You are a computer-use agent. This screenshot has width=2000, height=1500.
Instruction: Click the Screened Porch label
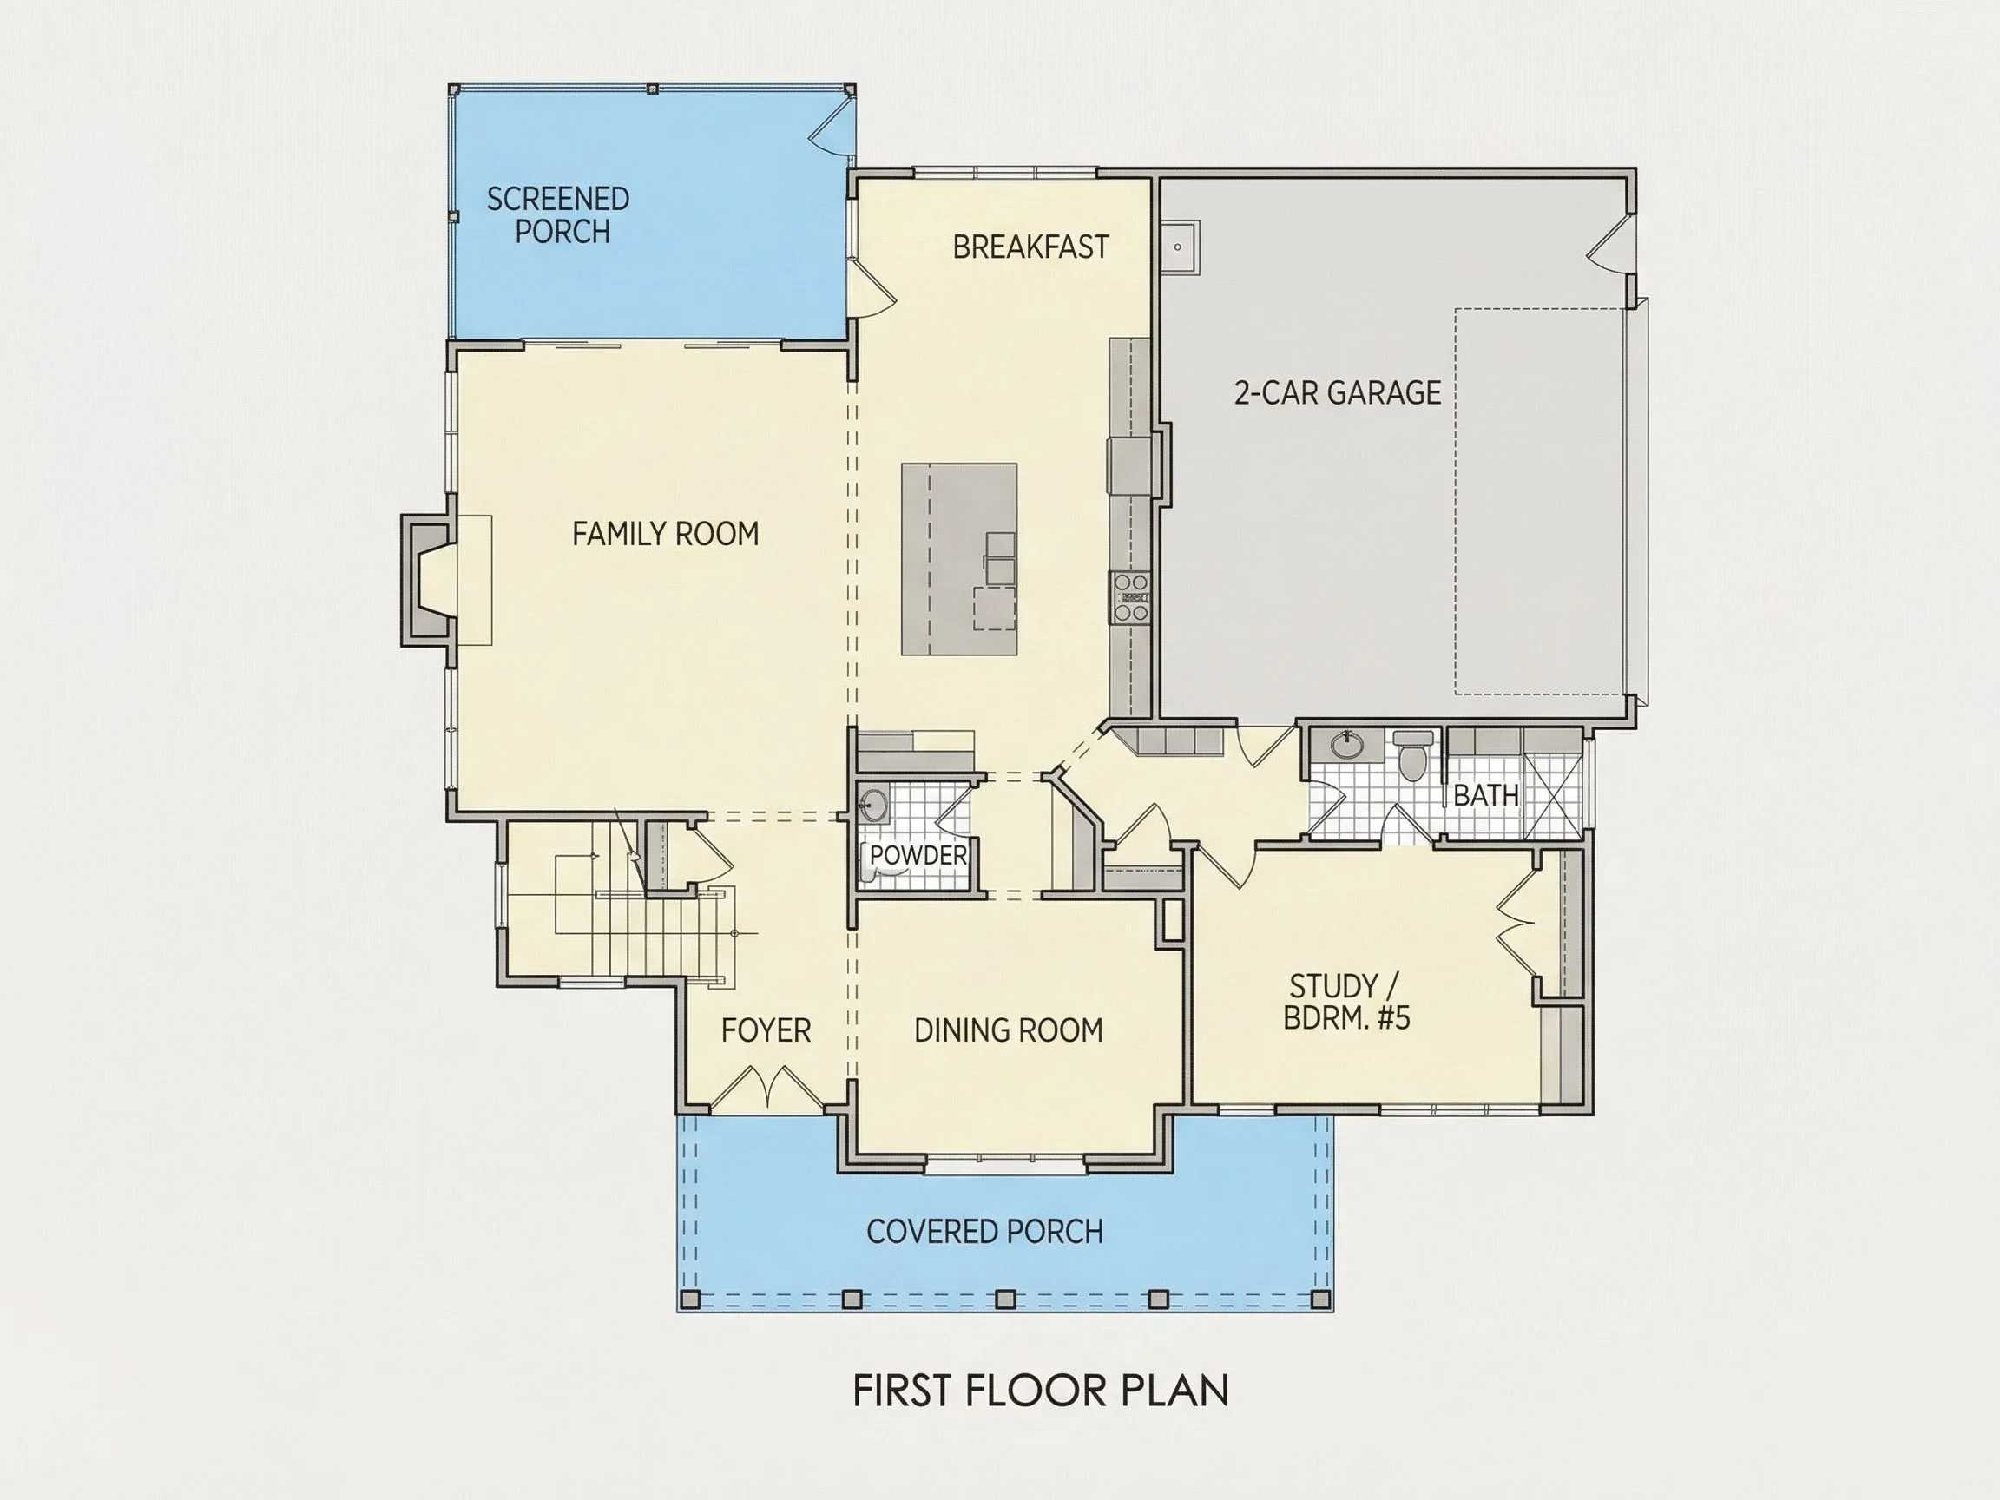click(558, 215)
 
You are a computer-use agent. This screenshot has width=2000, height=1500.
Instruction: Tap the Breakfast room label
click(1030, 247)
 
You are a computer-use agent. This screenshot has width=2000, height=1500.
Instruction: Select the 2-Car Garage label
click(1339, 392)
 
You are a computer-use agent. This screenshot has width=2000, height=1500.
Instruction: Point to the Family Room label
click(666, 534)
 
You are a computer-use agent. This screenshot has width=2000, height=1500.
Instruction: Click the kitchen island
click(959, 559)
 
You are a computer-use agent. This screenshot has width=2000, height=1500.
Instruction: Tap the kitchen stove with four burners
click(1130, 597)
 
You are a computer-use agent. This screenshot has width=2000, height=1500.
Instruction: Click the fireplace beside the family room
click(428, 581)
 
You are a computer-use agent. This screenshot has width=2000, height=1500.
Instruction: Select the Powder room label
click(918, 855)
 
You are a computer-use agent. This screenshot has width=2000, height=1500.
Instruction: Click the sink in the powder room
click(874, 803)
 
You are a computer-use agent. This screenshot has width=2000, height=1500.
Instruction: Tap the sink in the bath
click(1348, 746)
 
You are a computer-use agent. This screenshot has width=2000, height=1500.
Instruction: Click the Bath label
click(1486, 796)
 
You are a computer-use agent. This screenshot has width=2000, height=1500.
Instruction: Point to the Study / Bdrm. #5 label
click(1346, 1002)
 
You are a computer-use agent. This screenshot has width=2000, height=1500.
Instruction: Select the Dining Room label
click(1008, 1030)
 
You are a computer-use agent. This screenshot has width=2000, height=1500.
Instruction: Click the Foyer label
click(766, 1030)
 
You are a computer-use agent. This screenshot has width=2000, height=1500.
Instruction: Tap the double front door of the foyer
click(766, 1089)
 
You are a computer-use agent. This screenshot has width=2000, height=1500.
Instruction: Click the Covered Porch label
click(984, 1232)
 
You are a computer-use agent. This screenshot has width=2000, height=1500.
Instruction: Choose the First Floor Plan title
click(1041, 1391)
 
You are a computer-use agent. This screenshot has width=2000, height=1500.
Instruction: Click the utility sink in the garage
click(1179, 247)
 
